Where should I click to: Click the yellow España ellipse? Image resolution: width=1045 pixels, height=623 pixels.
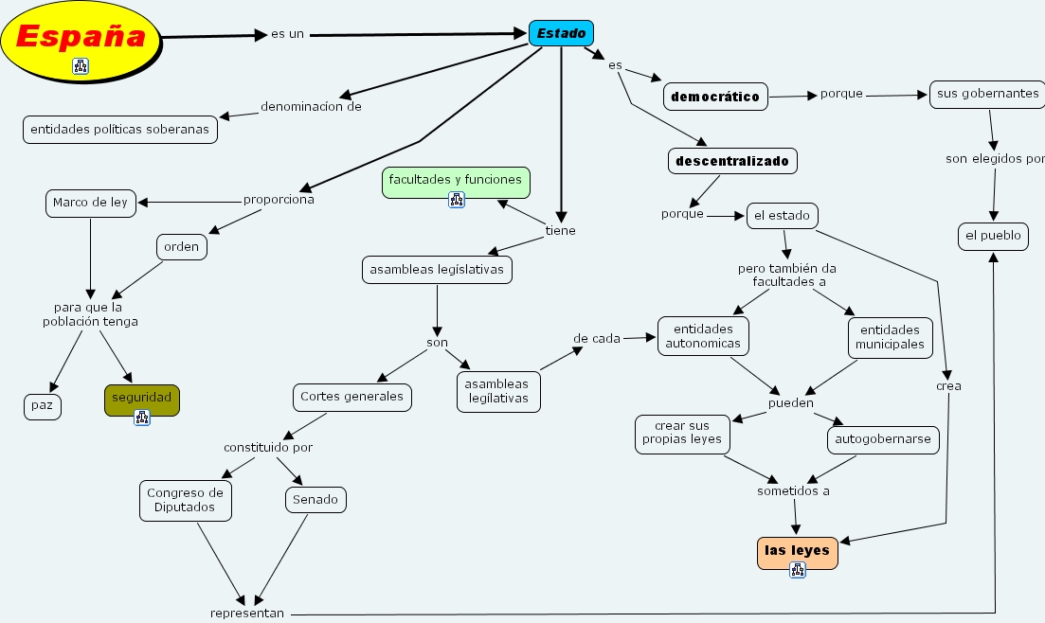click(x=81, y=38)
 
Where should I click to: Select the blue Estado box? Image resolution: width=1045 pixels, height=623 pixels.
click(x=562, y=34)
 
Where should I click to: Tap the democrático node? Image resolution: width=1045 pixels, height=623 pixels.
click(x=715, y=97)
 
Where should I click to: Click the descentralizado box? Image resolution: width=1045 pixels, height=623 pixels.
click(x=731, y=161)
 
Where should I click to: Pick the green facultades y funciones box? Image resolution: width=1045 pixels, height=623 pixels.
click(x=455, y=180)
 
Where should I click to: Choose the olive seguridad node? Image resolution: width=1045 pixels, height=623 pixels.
click(x=141, y=399)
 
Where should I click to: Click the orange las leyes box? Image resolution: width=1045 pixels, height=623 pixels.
click(x=797, y=551)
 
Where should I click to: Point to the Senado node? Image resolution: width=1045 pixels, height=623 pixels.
click(x=315, y=499)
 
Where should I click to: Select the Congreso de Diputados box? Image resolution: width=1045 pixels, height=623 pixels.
click(x=186, y=500)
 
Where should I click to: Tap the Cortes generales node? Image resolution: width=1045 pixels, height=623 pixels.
click(x=352, y=397)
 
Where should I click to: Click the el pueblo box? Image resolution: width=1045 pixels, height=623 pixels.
click(x=993, y=236)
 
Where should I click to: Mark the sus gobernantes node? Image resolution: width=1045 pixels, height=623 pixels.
click(x=987, y=95)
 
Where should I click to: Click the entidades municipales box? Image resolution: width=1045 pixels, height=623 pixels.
click(x=890, y=337)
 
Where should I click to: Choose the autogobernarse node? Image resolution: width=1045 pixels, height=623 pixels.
click(x=883, y=439)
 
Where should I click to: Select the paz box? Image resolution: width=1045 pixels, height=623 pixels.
click(x=42, y=406)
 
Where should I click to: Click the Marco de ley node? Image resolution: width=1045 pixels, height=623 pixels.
click(x=90, y=203)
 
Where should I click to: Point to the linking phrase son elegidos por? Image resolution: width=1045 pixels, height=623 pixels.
click(x=994, y=159)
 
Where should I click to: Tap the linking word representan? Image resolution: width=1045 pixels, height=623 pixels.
click(x=247, y=614)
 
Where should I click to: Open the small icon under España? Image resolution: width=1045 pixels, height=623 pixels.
click(x=81, y=66)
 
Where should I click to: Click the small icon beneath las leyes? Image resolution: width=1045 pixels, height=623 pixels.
click(x=798, y=570)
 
